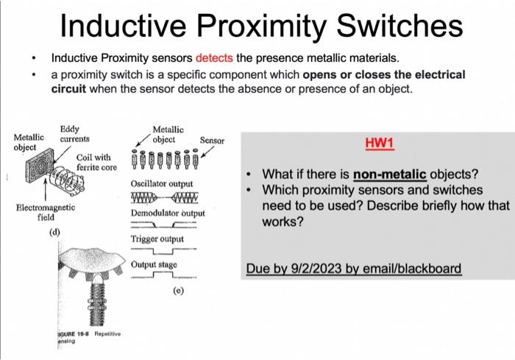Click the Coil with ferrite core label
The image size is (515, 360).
tap(93, 162)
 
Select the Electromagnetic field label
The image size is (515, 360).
tap(45, 213)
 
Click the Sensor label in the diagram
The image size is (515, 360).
tap(212, 140)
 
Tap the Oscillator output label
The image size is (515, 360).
tap(162, 183)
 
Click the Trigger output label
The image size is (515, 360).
tap(157, 239)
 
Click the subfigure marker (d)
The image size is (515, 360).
tap(54, 233)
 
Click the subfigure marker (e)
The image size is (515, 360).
tap(178, 291)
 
